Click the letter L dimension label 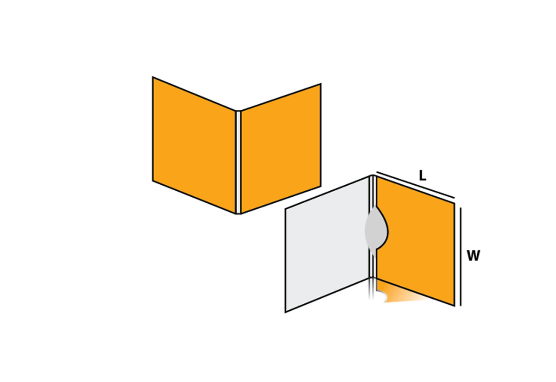pos(422,175)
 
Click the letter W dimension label pos(473,256)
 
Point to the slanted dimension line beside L pos(416,185)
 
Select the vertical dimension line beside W pos(461,257)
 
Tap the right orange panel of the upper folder pos(281,148)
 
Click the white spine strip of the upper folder pos(238,162)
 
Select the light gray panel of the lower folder pos(326,245)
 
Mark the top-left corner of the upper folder pos(153,77)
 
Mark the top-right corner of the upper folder pos(321,84)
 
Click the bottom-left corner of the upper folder pos(153,180)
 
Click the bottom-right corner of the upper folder pos(321,186)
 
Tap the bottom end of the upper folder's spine pos(238,213)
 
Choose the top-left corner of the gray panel pos(285,209)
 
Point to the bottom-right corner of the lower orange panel pos(454,305)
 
